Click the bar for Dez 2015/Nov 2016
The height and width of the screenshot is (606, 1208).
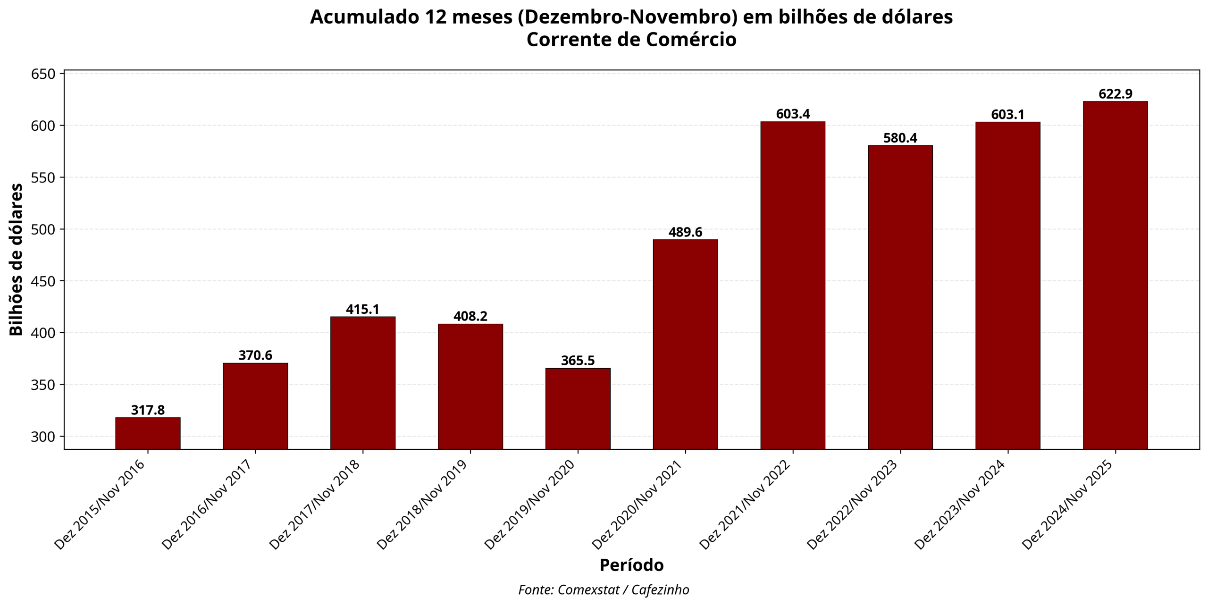point(148,433)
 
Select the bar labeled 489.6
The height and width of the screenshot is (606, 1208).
point(685,344)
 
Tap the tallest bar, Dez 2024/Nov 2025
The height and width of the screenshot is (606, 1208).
point(1115,275)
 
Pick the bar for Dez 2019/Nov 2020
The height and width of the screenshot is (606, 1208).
point(578,408)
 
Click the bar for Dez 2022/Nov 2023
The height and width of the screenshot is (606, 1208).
point(900,297)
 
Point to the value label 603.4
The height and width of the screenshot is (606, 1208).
point(793,114)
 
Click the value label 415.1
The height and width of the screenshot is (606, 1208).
point(362,310)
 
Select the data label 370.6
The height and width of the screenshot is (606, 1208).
point(255,355)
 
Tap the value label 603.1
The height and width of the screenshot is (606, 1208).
point(1007,115)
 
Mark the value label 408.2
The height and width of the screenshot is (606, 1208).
point(470,316)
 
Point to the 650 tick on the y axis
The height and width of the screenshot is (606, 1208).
point(43,74)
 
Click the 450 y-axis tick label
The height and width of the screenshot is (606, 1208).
point(43,281)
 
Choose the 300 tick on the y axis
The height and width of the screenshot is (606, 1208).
point(43,437)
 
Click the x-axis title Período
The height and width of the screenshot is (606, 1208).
point(631,565)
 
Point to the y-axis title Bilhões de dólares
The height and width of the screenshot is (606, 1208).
point(17,260)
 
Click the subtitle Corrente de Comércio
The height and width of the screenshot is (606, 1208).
point(631,40)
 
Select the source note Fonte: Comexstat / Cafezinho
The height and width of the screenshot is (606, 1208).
point(604,590)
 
